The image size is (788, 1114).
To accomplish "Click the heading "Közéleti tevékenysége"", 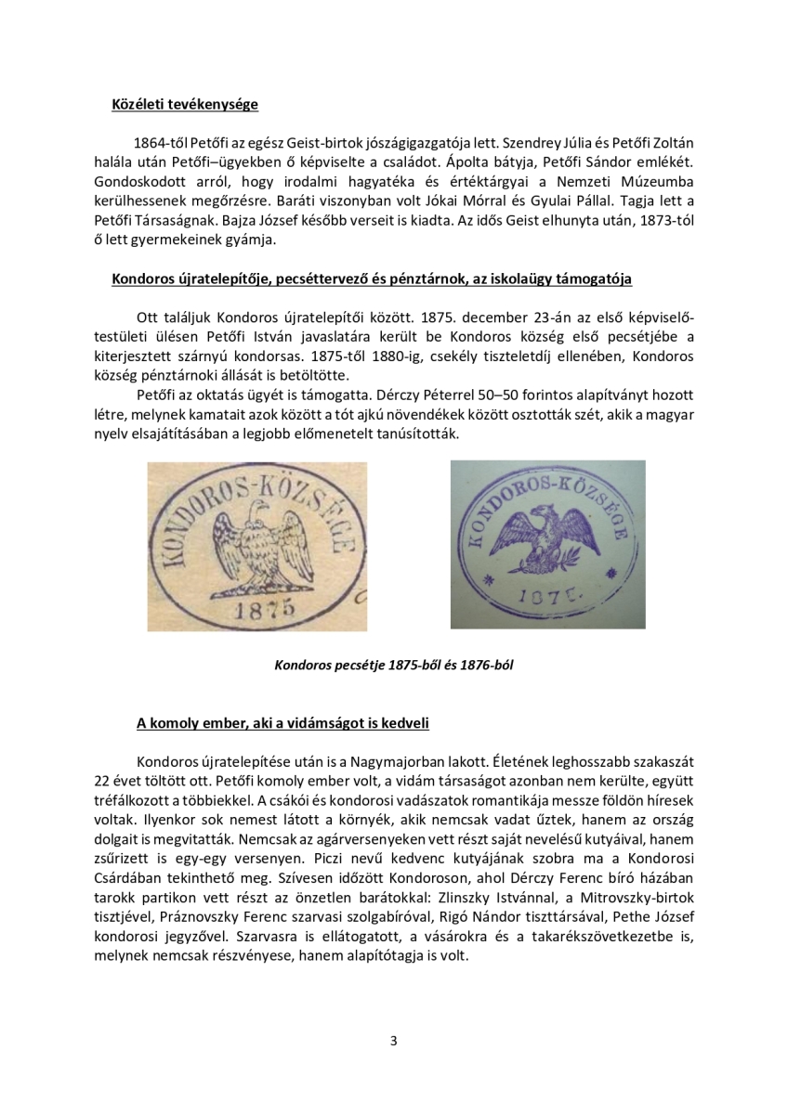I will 184,104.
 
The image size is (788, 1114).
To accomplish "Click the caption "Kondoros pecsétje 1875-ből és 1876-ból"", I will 393,665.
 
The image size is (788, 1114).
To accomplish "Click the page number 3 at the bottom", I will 393,1041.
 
